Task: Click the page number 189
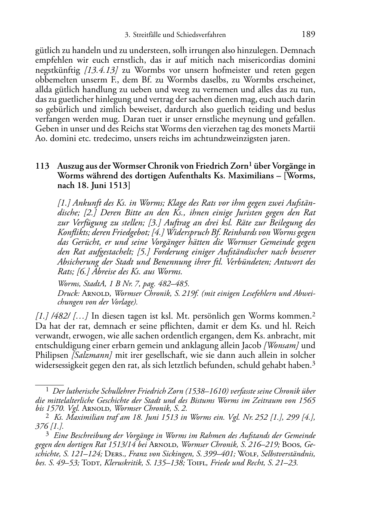click(308, 35)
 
